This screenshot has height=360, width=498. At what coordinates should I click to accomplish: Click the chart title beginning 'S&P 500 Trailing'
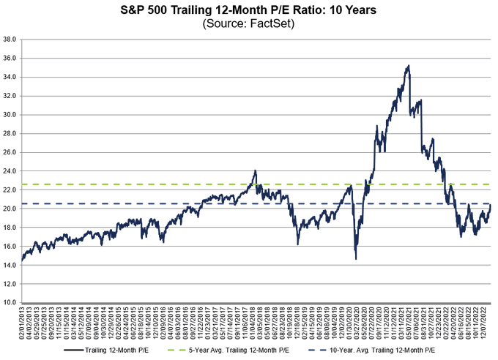249,10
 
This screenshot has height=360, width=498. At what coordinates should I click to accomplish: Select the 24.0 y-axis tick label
10,170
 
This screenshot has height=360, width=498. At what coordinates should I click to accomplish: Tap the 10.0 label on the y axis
10,302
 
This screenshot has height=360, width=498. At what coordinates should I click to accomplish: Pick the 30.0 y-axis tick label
10,114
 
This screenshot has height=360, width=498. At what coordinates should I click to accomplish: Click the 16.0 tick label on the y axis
10,246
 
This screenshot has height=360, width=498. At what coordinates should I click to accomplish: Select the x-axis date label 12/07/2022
485,323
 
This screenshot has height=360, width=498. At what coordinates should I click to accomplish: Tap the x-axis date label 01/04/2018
254,323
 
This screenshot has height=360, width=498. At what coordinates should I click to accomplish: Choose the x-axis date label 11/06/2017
246,323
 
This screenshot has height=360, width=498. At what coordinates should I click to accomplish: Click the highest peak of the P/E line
408,66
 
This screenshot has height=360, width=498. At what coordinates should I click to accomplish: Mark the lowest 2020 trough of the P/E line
355,258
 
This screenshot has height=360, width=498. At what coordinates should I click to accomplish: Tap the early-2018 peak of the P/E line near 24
255,171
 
